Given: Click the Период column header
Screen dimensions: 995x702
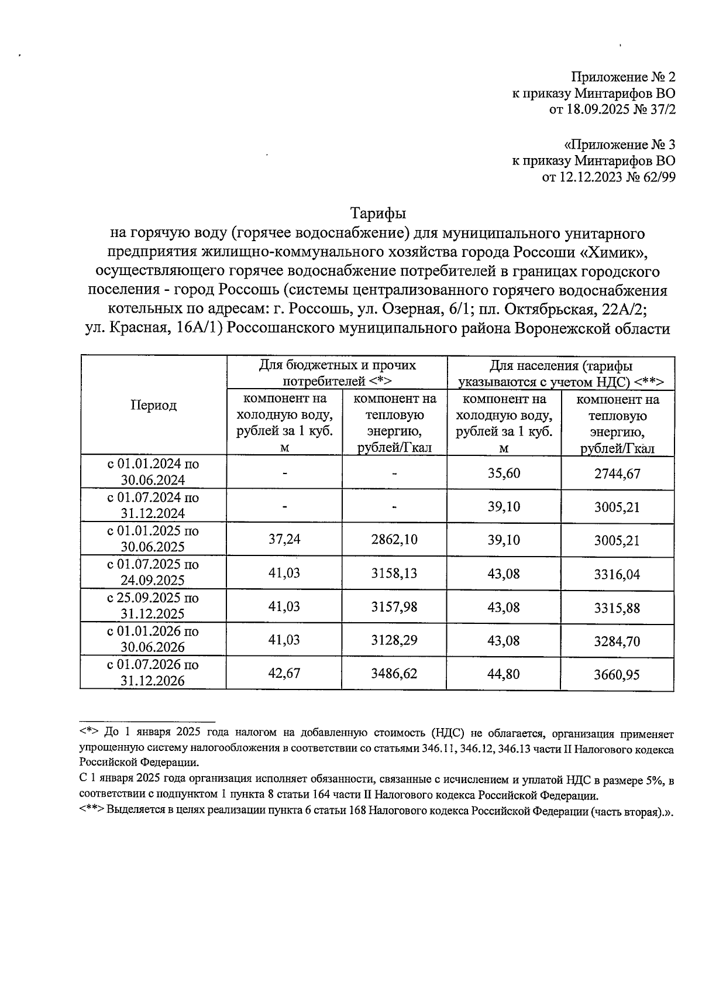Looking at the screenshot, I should [x=153, y=406].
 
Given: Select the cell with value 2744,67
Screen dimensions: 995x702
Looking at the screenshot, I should [x=617, y=474].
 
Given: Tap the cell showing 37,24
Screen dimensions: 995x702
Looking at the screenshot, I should [x=284, y=540].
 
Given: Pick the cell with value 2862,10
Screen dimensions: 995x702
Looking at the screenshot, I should [x=394, y=540].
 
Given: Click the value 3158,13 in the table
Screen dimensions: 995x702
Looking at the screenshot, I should [x=394, y=573].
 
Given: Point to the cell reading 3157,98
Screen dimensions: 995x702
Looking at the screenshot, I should [x=394, y=606].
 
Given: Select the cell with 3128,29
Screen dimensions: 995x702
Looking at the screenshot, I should [x=394, y=640].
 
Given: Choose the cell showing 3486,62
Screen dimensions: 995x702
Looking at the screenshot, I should [x=394, y=674].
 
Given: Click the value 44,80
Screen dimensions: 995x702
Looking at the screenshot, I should [x=504, y=674].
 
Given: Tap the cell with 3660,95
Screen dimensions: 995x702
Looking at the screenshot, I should [x=617, y=674].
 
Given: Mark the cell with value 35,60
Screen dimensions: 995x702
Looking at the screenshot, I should [x=504, y=473].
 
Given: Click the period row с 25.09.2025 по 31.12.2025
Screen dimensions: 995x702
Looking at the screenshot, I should [x=153, y=606].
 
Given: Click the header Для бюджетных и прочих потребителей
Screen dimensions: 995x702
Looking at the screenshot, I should [x=337, y=373].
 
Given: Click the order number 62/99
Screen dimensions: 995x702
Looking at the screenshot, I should [x=658, y=177].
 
